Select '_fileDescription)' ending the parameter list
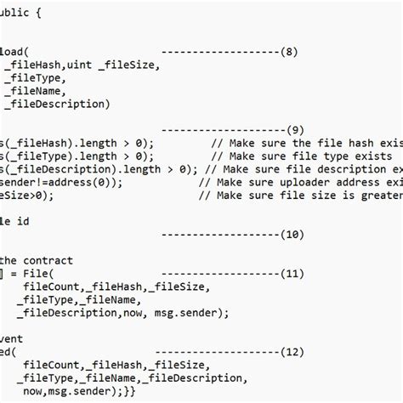pyautogui.click(x=58, y=104)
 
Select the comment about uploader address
pyautogui.click(x=315, y=182)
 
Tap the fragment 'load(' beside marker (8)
pyautogui.click(x=15, y=52)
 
